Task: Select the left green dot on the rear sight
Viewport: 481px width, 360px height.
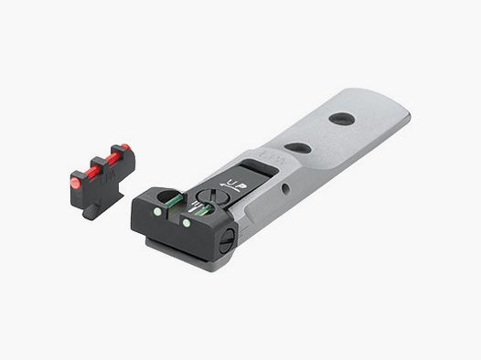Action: [156, 212]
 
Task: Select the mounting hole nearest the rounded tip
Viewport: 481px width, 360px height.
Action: [342, 119]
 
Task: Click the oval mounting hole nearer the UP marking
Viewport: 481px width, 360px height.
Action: [296, 146]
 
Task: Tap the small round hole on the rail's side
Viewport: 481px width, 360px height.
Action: [286, 189]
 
